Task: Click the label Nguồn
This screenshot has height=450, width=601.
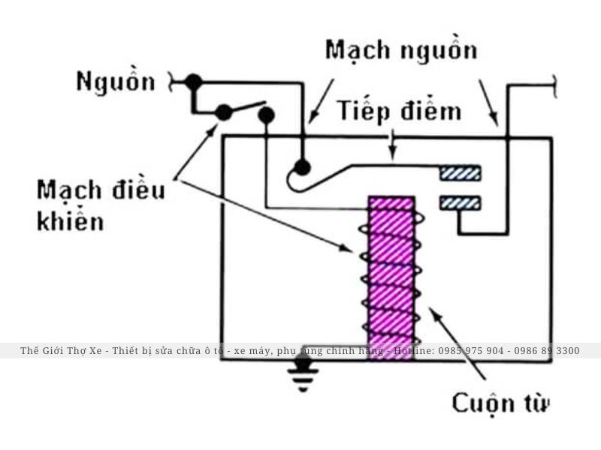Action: [x=115, y=82]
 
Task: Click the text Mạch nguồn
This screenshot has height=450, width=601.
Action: [x=400, y=50]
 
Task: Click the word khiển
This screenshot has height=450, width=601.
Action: [x=70, y=222]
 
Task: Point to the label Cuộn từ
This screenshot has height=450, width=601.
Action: [x=500, y=403]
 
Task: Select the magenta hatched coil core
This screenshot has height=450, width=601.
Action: [x=391, y=277]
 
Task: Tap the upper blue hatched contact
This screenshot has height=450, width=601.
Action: [x=460, y=173]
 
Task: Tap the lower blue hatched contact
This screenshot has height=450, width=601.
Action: [x=460, y=202]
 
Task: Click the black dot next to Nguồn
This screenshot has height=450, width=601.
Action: [x=193, y=81]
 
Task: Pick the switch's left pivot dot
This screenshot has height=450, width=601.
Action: [x=223, y=112]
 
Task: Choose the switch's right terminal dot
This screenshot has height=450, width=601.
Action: [x=266, y=114]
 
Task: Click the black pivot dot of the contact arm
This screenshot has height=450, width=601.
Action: [x=302, y=166]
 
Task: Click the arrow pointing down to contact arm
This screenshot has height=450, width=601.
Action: [x=392, y=145]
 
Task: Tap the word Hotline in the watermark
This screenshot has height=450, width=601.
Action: [x=414, y=351]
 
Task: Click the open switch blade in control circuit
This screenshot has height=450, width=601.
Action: [x=244, y=107]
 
